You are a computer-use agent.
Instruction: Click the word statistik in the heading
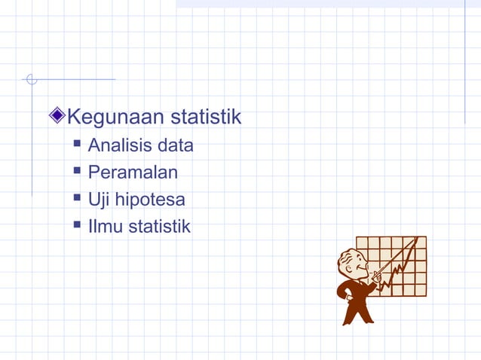pos(205,117)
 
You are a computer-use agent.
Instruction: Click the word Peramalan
pos(133,172)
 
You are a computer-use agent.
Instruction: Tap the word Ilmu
pos(104,226)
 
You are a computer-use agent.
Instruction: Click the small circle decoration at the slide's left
pos(31,79)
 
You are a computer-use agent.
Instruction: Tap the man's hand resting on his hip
pos(343,289)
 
